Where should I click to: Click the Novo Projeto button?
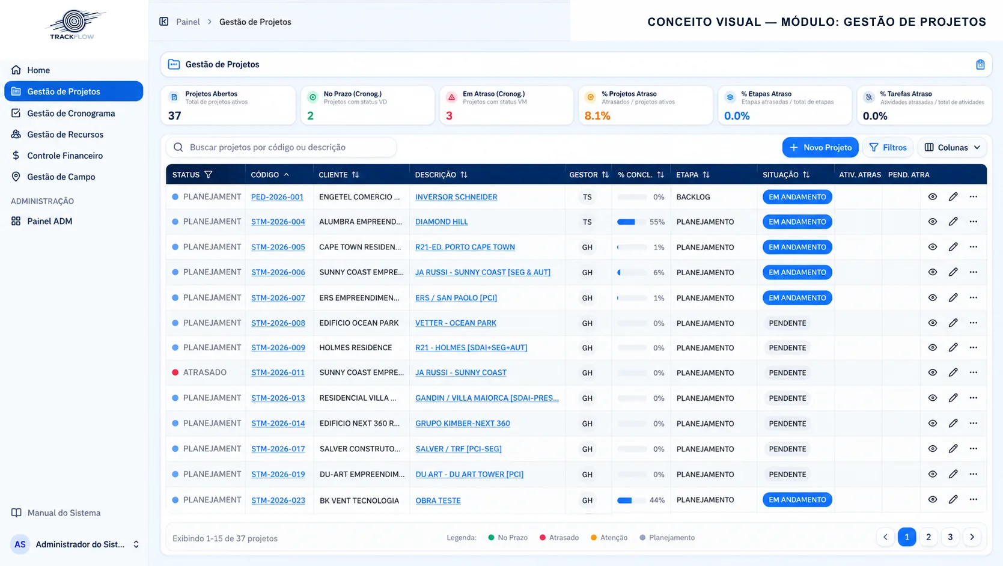(x=820, y=147)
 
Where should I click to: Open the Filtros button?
(x=888, y=147)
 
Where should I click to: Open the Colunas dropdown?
(x=952, y=147)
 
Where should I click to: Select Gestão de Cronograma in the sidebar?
(x=71, y=114)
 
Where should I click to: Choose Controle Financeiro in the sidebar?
(x=64, y=156)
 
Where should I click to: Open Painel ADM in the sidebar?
(x=49, y=221)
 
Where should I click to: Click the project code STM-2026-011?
(x=278, y=373)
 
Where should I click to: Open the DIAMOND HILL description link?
(x=441, y=222)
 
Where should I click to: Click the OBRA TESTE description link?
(x=438, y=501)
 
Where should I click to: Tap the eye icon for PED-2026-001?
(x=932, y=196)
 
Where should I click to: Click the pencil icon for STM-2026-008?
(x=953, y=323)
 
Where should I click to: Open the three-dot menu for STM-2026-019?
(x=974, y=474)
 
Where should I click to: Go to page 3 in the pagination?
(x=950, y=537)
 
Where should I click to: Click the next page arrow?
(x=972, y=537)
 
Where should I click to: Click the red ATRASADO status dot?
(x=175, y=372)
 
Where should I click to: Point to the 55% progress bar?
(x=632, y=222)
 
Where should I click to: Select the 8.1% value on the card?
(x=597, y=115)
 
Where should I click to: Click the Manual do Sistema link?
(x=64, y=513)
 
